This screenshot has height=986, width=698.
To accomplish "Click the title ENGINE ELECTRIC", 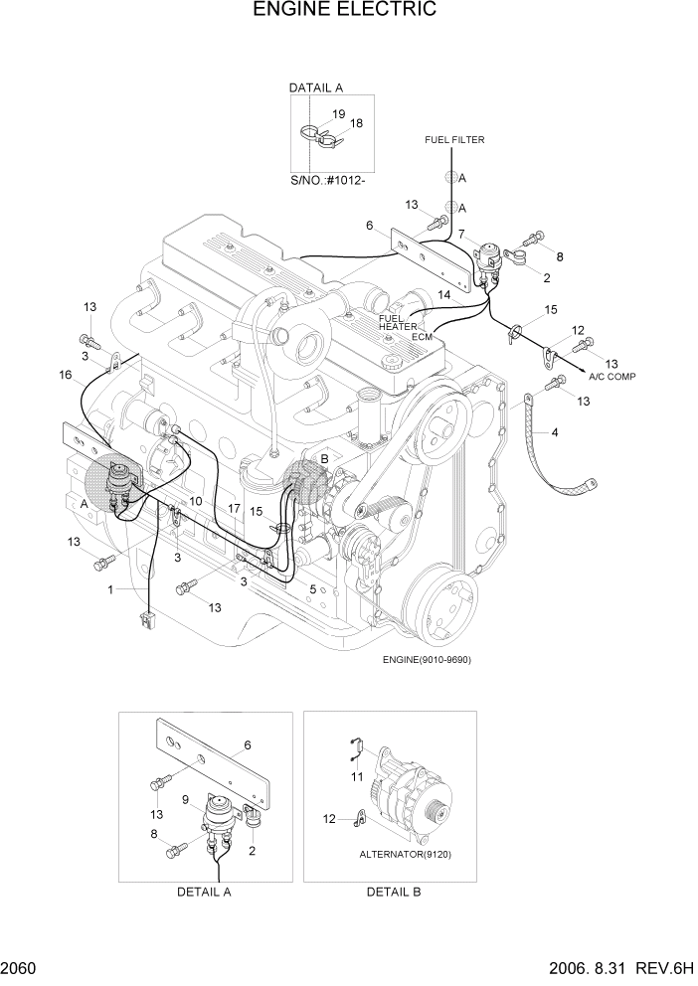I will click(345, 11).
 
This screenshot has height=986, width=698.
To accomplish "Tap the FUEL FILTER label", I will click(453, 140).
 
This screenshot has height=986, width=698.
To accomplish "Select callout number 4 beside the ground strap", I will click(554, 432).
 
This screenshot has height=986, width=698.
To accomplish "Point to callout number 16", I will click(66, 375).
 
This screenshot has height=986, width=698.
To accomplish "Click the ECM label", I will click(423, 337).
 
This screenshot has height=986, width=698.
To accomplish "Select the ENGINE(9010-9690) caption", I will click(426, 659).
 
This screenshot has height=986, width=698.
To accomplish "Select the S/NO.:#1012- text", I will click(328, 180).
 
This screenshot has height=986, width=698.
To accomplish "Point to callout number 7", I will click(460, 233).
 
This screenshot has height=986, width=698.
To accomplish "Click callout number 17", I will click(235, 508).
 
